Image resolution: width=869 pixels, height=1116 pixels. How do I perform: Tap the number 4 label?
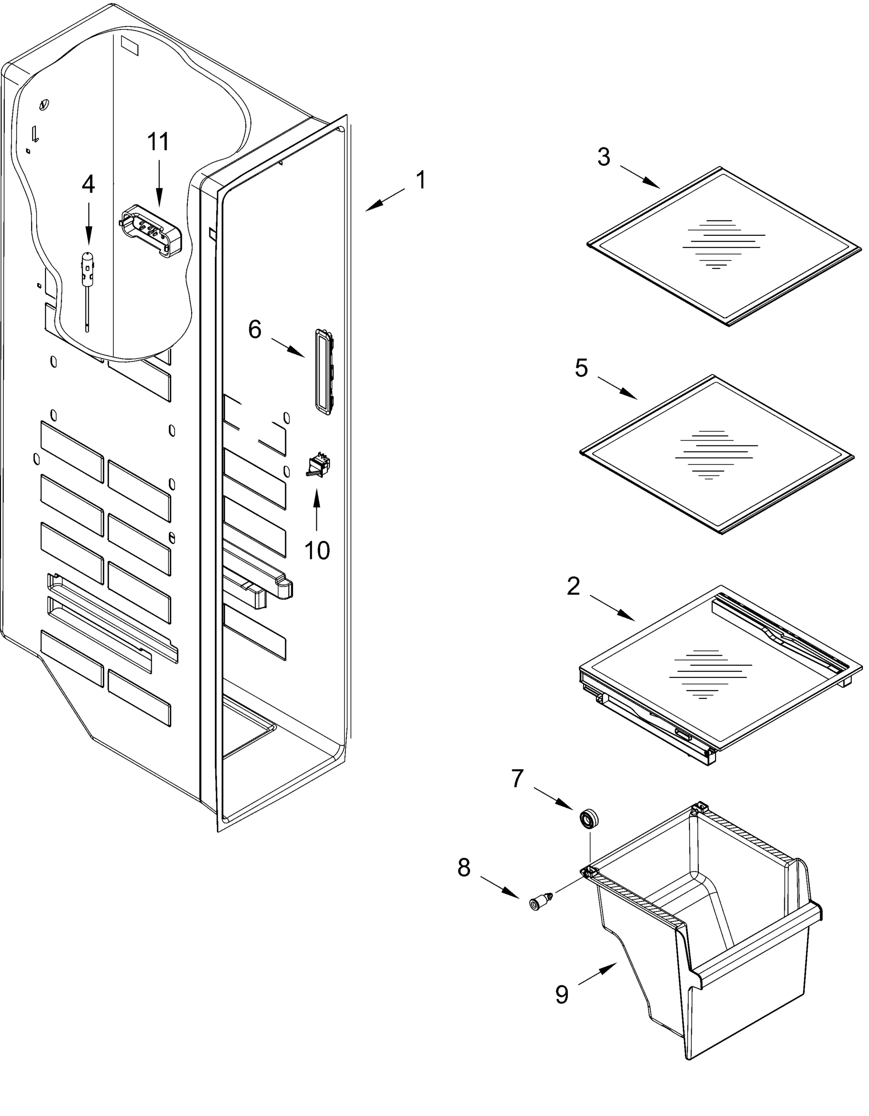pyautogui.click(x=88, y=185)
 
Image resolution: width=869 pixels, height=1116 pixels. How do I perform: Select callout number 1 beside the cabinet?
pyautogui.click(x=420, y=181)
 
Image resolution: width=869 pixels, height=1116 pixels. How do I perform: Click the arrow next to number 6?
pyautogui.click(x=288, y=347)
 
